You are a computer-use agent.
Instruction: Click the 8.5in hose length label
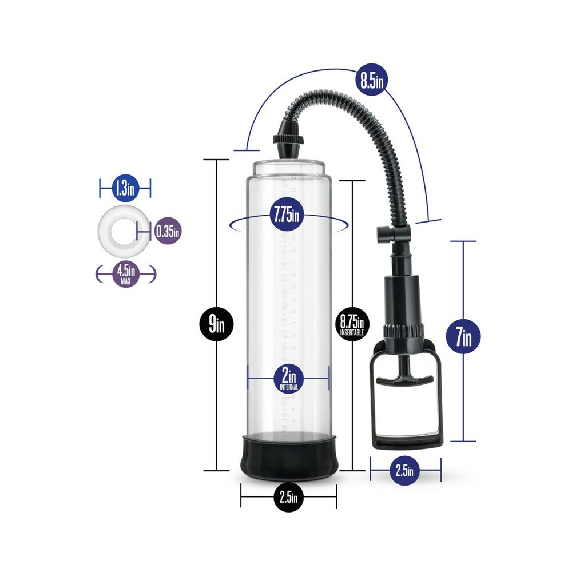[371, 79]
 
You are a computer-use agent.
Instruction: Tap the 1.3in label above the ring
[125, 188]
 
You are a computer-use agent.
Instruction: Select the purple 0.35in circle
[168, 232]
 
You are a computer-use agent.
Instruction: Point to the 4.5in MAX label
[125, 273]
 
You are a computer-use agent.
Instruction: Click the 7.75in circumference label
[285, 217]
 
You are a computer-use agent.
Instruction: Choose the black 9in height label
[216, 327]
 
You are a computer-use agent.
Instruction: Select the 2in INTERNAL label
[288, 378]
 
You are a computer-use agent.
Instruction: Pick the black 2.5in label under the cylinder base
[288, 497]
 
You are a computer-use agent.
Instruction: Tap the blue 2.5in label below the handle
[405, 471]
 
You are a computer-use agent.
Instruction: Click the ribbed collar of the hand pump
[403, 331]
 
